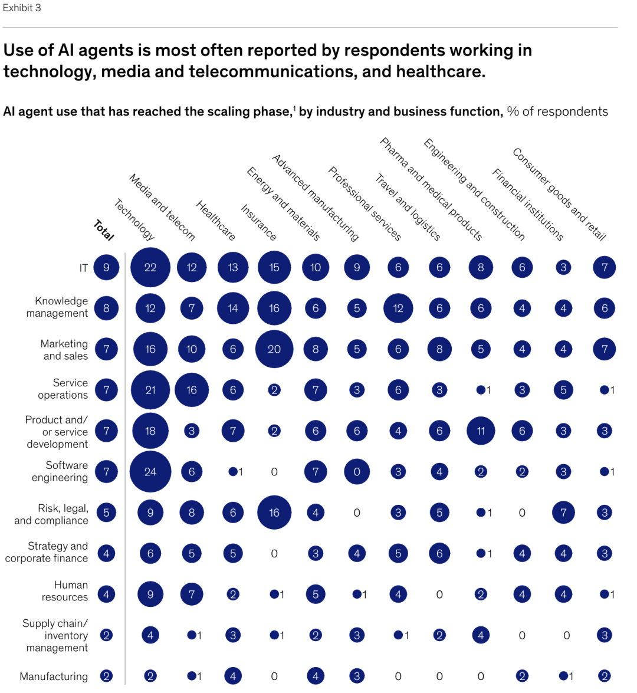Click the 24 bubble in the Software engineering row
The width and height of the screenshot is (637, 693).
pos(150,472)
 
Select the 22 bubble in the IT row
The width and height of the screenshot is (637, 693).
pos(150,267)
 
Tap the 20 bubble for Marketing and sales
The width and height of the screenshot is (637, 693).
pos(274,349)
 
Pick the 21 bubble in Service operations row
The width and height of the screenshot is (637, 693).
pos(150,390)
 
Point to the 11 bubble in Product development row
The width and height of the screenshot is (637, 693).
pos(481,431)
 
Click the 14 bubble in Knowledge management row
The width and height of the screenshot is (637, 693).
pos(233,308)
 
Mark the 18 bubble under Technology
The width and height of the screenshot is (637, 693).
pos(150,431)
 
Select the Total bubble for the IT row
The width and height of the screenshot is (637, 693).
pos(106,267)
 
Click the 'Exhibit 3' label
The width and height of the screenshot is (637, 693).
pos(22,8)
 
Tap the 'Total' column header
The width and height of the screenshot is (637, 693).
pos(104,230)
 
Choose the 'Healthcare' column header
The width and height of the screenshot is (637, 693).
pos(216,221)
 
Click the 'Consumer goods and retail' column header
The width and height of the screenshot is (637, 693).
pos(559,194)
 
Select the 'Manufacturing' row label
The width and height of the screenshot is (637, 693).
pos(54,676)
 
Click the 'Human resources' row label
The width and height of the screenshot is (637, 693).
pos(64,591)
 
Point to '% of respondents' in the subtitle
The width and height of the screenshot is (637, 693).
pos(557,111)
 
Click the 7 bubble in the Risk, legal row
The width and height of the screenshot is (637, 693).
pos(563,513)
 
